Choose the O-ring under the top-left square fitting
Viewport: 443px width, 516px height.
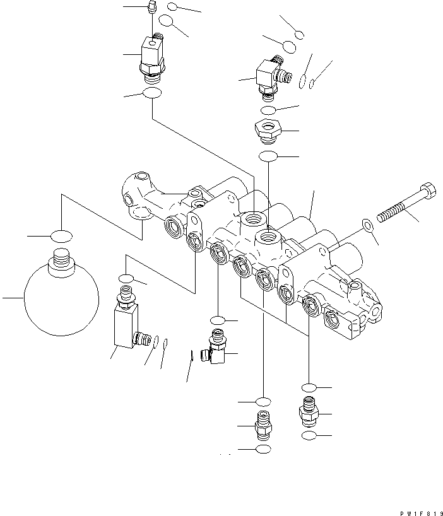tap(151, 94)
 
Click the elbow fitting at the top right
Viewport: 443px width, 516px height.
tap(268, 76)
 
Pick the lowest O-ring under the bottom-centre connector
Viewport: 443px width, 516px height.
tap(263, 448)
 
